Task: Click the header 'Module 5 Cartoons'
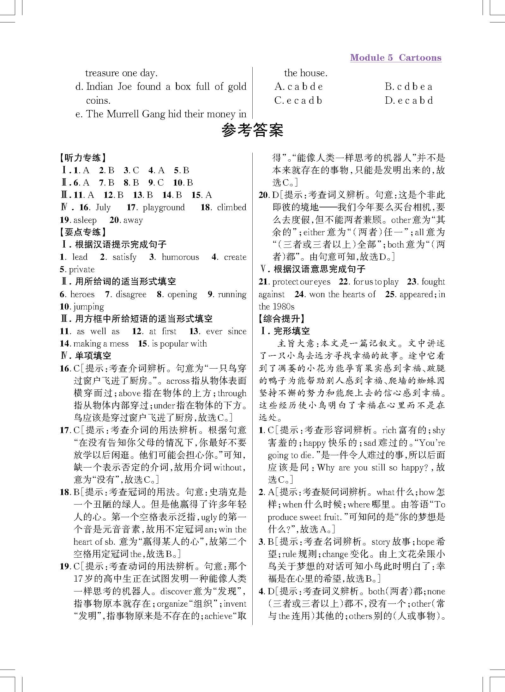tap(395, 58)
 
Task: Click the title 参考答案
tap(252, 130)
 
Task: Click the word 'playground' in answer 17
tap(164, 208)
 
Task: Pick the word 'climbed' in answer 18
tap(231, 208)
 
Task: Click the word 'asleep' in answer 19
tap(85, 220)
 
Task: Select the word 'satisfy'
tap(124, 257)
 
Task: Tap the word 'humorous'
tap(180, 257)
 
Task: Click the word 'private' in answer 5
tap(81, 270)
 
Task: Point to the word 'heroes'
tap(82, 294)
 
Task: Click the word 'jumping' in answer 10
tap(88, 307)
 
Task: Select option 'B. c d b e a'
tap(408, 87)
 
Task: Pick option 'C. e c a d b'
tap(298, 101)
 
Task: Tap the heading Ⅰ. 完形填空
tap(285, 331)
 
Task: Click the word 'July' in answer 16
tap(103, 208)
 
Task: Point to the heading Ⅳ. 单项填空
tap(86, 356)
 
